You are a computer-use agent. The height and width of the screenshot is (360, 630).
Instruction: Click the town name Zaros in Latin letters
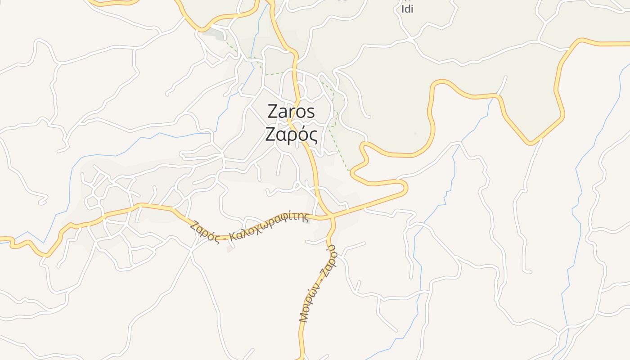[291, 112]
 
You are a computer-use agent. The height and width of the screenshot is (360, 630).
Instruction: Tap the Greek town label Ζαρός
[291, 135]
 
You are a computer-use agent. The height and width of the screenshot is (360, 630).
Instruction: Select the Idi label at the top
[407, 9]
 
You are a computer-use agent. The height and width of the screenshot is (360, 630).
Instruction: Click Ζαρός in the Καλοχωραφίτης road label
[204, 232]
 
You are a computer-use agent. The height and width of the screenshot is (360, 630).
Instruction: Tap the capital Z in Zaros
[273, 112]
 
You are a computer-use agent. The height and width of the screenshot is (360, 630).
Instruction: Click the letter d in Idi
[407, 9]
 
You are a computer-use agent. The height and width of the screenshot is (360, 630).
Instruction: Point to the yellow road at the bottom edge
[301, 358]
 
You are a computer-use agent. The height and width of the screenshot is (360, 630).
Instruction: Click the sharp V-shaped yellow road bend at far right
[531, 143]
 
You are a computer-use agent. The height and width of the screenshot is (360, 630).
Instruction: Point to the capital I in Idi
[402, 9]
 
